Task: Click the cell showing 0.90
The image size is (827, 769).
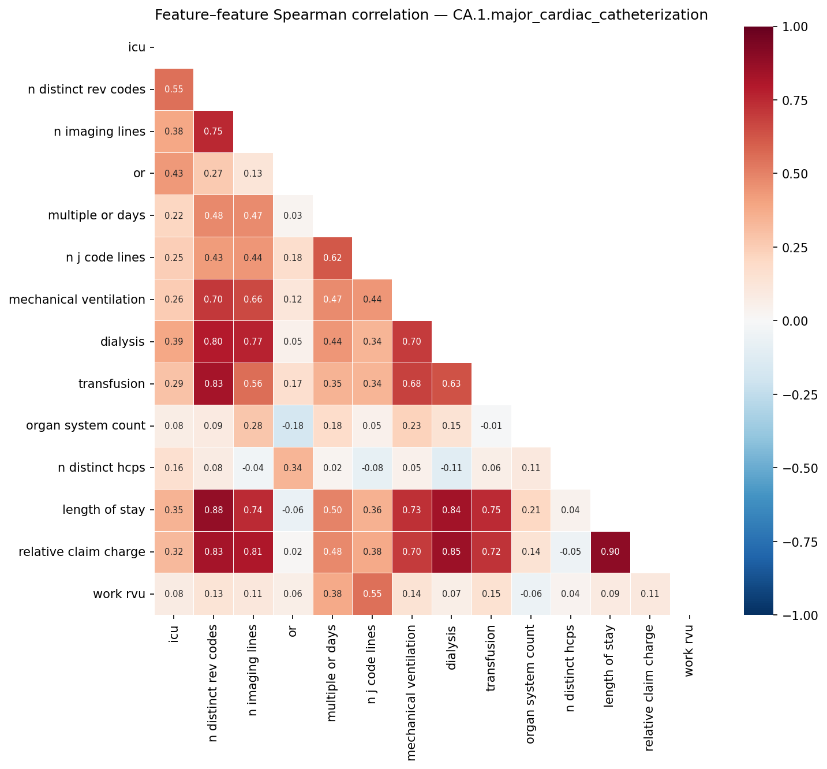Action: (x=611, y=552)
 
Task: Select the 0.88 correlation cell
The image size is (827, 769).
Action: (x=214, y=510)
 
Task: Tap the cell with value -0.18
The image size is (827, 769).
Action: (x=293, y=425)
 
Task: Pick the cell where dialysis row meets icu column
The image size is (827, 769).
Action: (x=174, y=342)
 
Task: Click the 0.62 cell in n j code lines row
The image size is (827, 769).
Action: (x=332, y=257)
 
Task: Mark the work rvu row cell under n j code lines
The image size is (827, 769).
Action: (x=372, y=594)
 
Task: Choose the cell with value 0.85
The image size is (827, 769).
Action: (x=451, y=552)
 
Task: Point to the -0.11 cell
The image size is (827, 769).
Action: (x=451, y=468)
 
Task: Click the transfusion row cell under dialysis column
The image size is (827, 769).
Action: (x=451, y=384)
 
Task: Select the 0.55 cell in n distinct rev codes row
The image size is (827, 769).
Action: (x=174, y=89)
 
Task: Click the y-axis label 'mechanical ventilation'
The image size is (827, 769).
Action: (x=77, y=300)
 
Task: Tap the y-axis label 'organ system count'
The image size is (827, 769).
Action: (x=85, y=425)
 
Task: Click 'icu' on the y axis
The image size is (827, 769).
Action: (x=137, y=47)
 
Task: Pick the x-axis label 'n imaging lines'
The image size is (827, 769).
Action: (x=253, y=670)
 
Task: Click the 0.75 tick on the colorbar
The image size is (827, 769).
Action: (x=800, y=100)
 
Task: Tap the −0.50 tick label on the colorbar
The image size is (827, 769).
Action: (x=797, y=468)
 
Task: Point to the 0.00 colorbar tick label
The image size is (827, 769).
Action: (x=800, y=321)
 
